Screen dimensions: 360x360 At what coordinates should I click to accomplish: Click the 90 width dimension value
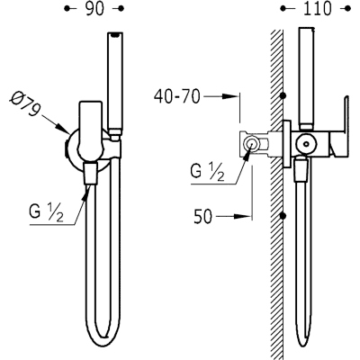[x=94, y=9]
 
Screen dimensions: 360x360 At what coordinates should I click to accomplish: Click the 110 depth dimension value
[x=318, y=9]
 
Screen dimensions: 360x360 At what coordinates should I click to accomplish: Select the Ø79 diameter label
[x=25, y=104]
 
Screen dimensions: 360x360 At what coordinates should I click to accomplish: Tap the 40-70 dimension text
[x=176, y=96]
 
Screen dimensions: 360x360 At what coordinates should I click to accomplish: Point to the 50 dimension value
[x=202, y=216]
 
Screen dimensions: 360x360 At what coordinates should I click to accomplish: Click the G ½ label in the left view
[x=47, y=212]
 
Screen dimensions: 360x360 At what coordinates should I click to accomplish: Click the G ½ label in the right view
[x=207, y=172]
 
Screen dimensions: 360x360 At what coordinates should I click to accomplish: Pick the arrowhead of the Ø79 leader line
[x=65, y=130]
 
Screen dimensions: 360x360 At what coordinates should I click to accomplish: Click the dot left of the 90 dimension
[x=67, y=9]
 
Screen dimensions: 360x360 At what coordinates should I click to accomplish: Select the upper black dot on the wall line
[x=283, y=96]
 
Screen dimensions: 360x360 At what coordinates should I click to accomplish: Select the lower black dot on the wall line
[x=283, y=216]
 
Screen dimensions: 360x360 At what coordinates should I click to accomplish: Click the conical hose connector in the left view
[x=91, y=174]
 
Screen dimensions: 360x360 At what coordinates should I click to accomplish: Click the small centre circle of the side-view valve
[x=306, y=144]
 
